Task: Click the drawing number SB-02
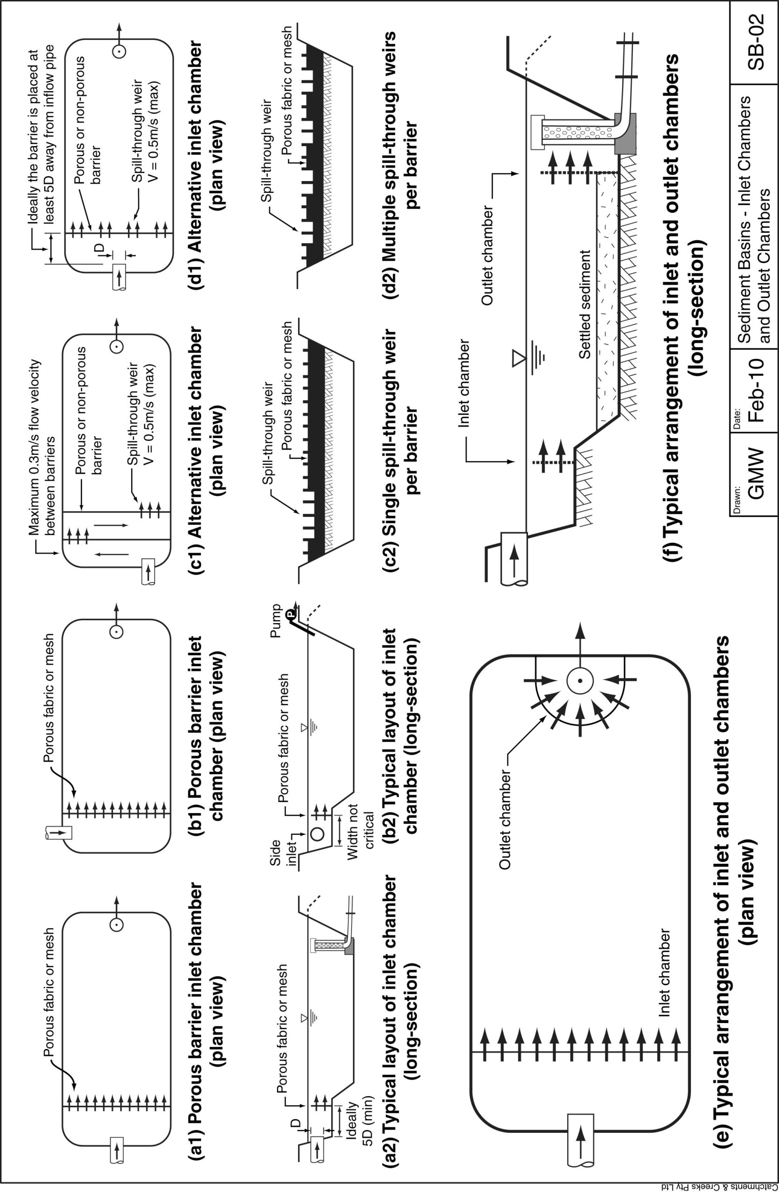pyautogui.click(x=754, y=42)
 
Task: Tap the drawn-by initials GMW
pyautogui.click(x=754, y=473)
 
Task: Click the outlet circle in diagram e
pyautogui.click(x=580, y=681)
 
